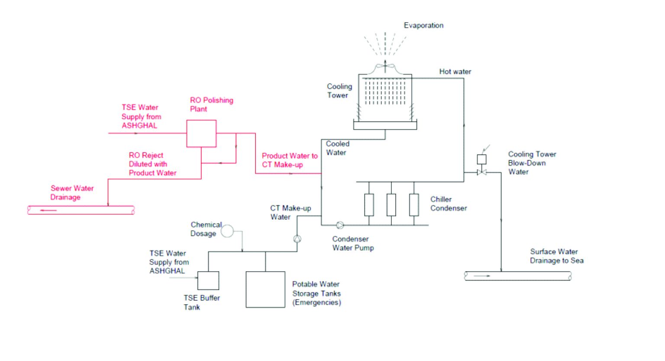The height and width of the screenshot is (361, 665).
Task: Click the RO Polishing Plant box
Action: [x=201, y=133]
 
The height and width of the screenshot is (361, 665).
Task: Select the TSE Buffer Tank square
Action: [x=208, y=280]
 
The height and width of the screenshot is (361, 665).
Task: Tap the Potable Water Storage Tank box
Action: [x=265, y=289]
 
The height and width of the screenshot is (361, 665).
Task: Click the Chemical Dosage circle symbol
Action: [x=227, y=231]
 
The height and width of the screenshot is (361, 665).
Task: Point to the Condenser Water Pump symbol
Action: [x=340, y=225]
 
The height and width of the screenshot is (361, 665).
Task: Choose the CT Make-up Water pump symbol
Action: [x=297, y=238]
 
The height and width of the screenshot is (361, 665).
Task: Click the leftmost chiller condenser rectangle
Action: [x=369, y=205]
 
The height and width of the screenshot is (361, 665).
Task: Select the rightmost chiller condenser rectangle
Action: [x=414, y=205]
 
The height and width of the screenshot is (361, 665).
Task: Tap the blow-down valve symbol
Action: [x=481, y=172]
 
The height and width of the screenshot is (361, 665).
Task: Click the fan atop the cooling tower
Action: [x=385, y=67]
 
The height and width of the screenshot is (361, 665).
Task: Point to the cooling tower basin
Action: [x=385, y=125]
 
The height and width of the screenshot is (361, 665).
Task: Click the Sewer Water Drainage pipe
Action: [x=81, y=210]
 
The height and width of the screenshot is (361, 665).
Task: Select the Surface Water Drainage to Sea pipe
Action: [x=518, y=276]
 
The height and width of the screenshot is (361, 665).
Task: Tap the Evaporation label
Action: [x=423, y=26]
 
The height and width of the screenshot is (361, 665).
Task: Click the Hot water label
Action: [x=455, y=72]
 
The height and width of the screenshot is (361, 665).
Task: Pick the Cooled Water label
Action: [x=337, y=148]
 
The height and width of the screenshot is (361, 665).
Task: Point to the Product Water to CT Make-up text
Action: [x=289, y=160]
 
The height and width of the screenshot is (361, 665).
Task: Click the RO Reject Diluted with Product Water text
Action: [x=152, y=164]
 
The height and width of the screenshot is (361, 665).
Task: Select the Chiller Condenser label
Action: [x=449, y=204]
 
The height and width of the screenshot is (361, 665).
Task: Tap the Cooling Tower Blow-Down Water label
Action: [x=532, y=163]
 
